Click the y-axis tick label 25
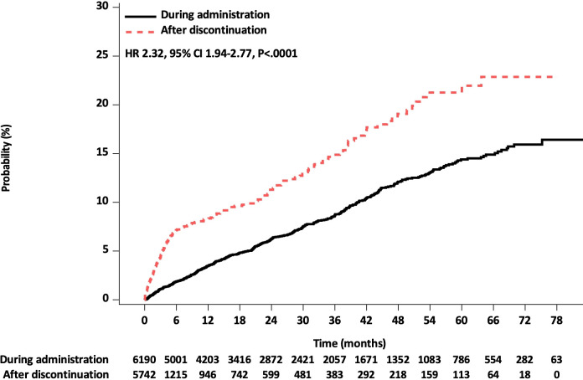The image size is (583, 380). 102,55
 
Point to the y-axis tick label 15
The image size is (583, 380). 102,153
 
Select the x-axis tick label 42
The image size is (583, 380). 366,320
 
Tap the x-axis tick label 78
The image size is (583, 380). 556,320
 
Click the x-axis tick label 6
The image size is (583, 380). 176,320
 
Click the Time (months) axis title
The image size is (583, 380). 349,343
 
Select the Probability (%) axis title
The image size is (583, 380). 6,158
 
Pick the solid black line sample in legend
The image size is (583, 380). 140,17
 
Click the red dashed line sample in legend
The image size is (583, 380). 140,32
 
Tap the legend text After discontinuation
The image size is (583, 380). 214,30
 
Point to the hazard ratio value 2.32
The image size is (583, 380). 154,54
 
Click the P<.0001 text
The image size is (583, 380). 277,54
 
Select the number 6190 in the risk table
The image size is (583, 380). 144,360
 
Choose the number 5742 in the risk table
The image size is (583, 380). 144,374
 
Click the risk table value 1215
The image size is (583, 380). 176,374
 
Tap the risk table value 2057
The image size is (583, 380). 334,360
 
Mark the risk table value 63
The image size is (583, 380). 556,360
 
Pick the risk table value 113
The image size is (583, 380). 462,374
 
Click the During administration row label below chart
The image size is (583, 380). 54,360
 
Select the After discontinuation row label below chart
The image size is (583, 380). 56,374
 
